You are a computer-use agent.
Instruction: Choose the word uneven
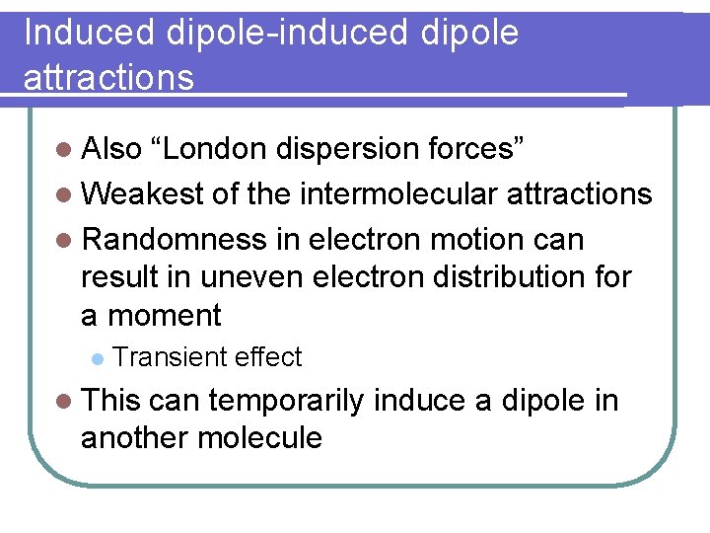[x=254, y=277]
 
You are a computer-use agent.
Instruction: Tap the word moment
[x=164, y=316]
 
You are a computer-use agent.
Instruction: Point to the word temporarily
[x=286, y=401]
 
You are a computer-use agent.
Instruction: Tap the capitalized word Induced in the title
[x=90, y=33]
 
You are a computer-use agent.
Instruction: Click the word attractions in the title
[x=108, y=77]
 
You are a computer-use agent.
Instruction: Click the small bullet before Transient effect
[x=96, y=357]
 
